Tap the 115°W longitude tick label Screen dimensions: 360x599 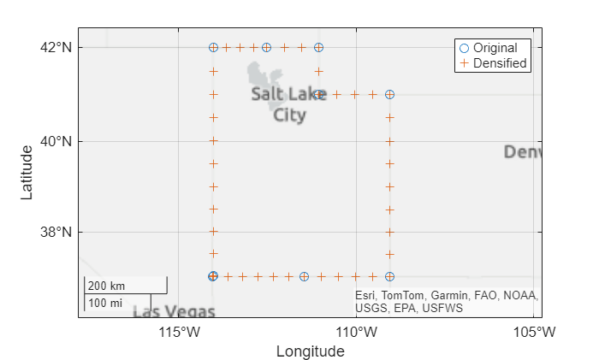pos(178,331)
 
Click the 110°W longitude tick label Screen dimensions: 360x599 pos(356,331)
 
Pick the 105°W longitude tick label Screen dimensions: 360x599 pos(537,331)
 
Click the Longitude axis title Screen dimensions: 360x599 pos(310,351)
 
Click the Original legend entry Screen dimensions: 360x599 pos(495,48)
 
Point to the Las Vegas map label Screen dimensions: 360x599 pos(174,311)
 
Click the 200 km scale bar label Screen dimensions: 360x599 pos(106,286)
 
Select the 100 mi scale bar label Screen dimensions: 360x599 pos(105,303)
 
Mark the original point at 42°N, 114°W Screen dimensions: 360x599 pos(213,48)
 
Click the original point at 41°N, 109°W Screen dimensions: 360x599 pos(389,94)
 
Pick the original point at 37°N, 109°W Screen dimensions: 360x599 pos(389,276)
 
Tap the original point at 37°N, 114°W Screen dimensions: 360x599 pos(213,276)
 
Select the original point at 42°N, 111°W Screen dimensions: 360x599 pos(318,48)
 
